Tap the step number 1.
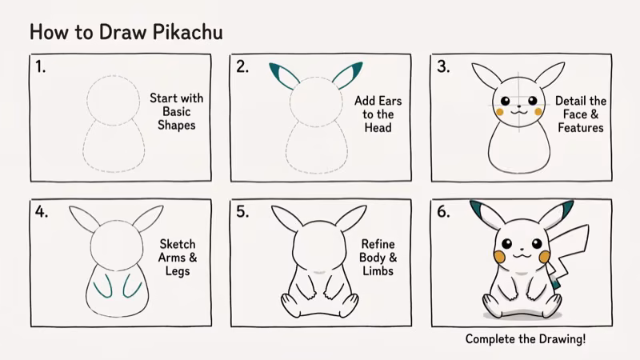[41, 67]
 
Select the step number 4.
[41, 213]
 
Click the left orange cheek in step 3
[500, 113]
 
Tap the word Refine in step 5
[378, 244]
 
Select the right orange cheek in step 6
[545, 256]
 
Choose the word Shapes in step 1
[176, 125]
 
